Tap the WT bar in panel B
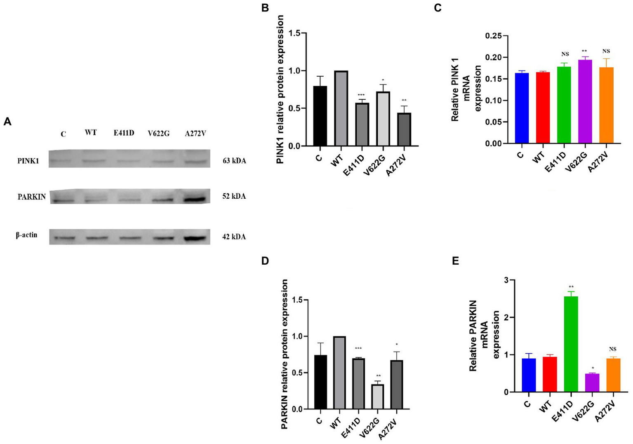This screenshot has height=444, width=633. pos(341,108)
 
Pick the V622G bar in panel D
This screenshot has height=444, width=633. pos(377,397)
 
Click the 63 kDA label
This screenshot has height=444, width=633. pos(234,161)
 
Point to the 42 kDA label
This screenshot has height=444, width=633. pos(234,237)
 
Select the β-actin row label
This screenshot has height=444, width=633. pos(27,235)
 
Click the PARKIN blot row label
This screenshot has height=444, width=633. pos(31,197)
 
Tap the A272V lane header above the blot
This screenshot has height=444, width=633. pos(195,133)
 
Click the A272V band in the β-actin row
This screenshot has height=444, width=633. pos(195,238)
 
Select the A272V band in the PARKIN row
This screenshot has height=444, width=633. pos(195,200)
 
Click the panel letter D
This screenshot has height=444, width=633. pos(265,261)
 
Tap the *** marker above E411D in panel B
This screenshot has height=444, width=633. pos(361,95)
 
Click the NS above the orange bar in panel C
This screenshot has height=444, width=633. pos(606,52)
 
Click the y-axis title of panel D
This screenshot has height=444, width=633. pos(285,354)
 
